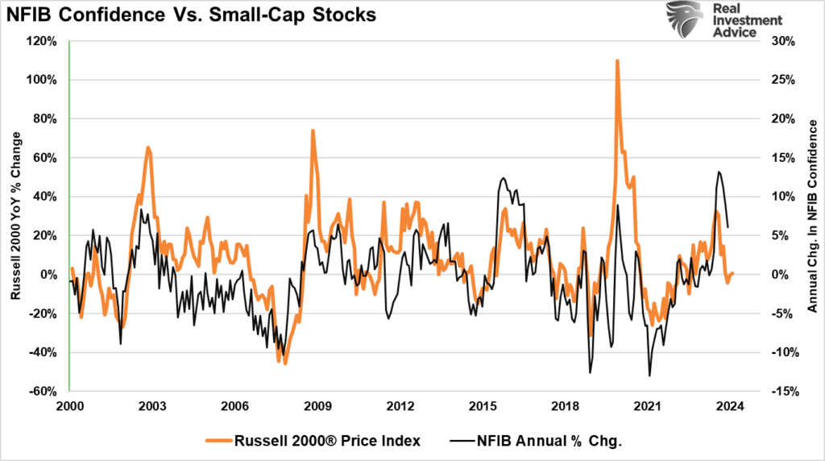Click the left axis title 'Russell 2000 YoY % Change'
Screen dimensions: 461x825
pos(15,216)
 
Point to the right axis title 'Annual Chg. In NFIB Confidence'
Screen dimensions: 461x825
pos(812,216)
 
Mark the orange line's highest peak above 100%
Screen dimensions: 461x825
pos(617,60)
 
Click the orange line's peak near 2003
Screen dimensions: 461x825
pos(148,147)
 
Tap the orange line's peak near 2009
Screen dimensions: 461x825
pos(313,130)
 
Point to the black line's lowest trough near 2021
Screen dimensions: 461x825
pos(649,376)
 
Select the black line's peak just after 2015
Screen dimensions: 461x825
pos(503,178)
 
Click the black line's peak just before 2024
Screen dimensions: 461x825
pos(718,172)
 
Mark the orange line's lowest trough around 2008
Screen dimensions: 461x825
pos(285,363)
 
